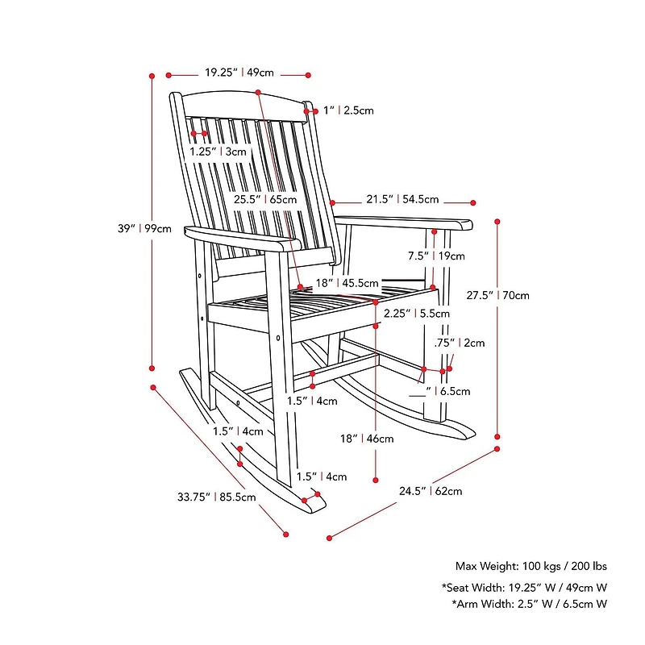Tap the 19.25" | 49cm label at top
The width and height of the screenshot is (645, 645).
[x=239, y=73]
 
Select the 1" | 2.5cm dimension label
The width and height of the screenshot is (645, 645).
[x=348, y=110]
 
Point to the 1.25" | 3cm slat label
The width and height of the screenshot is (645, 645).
[x=218, y=152]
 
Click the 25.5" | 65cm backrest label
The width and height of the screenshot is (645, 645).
[x=265, y=199]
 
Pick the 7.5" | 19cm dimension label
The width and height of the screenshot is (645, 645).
[x=436, y=256]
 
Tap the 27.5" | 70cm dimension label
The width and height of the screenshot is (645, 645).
[x=497, y=295]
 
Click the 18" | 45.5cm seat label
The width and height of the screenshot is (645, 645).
[x=347, y=283]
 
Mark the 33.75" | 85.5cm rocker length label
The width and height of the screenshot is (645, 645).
[x=217, y=497]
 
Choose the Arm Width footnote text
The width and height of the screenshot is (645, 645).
[x=529, y=604]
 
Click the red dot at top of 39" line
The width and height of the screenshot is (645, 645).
[x=152, y=76]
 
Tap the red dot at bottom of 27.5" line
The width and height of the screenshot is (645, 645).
[x=497, y=448]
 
